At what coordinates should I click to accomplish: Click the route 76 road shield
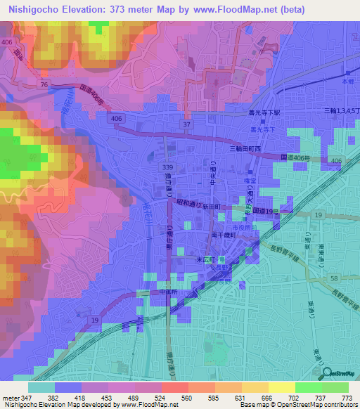(44, 84)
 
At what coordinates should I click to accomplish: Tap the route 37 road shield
(187, 124)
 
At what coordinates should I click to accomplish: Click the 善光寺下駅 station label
(265, 112)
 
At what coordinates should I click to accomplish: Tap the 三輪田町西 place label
(245, 149)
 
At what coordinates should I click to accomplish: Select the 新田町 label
(212, 207)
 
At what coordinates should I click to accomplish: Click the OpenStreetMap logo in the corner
(338, 373)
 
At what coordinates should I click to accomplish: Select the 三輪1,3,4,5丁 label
(340, 112)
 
